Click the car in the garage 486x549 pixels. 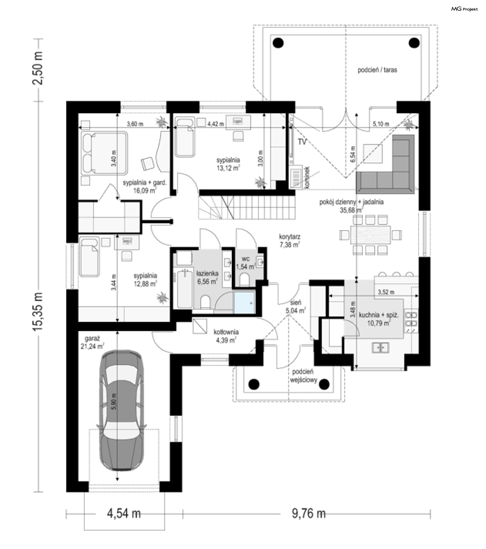pyautogui.click(x=122, y=410)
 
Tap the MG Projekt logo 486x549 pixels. pyautogui.click(x=464, y=9)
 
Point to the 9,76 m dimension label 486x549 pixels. pyautogui.click(x=309, y=514)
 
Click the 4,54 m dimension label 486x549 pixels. pyautogui.click(x=124, y=514)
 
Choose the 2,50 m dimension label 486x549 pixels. pyautogui.click(x=38, y=68)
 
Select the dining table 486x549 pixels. pyautogui.click(x=371, y=235)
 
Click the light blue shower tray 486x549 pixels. pyautogui.click(x=244, y=303)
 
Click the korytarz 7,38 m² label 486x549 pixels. pyautogui.click(x=290, y=241)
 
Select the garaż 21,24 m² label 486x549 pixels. pyautogui.click(x=92, y=343)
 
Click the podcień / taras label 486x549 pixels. pyautogui.click(x=377, y=70)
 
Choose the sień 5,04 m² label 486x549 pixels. pyautogui.click(x=295, y=307)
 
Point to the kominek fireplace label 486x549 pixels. pyautogui.click(x=307, y=177)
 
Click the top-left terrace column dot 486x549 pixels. pyautogui.click(x=278, y=43)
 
